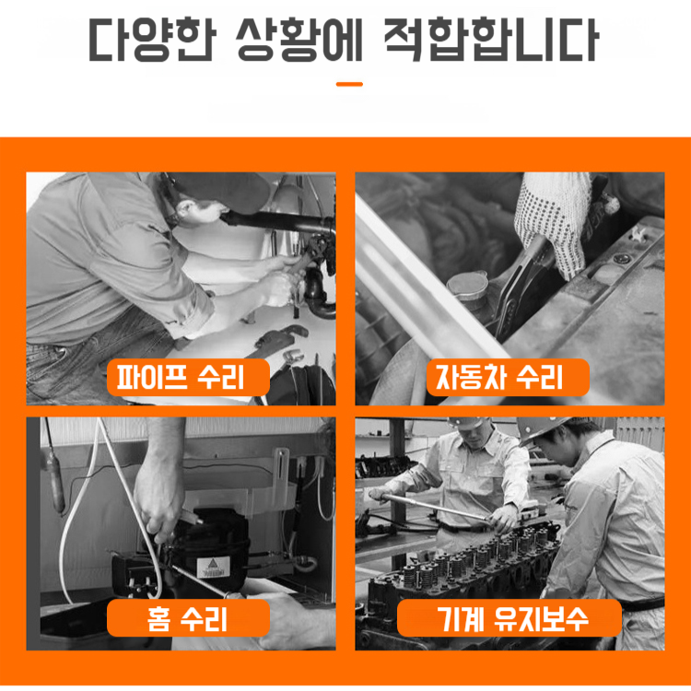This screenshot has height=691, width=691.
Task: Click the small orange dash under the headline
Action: tap(349, 84)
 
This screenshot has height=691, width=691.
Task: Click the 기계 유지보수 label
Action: tap(509, 618)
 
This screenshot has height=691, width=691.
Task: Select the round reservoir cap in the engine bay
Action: tap(467, 288)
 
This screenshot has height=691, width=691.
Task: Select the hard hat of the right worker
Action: tap(544, 428)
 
